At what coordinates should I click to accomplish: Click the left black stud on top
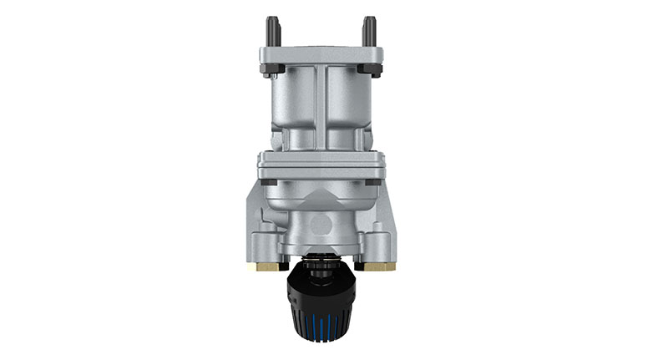pos(271,31)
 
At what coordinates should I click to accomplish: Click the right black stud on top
pos(368,31)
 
